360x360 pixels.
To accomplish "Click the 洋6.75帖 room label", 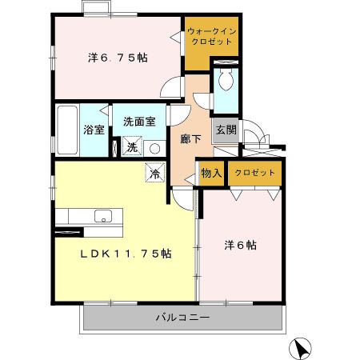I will [x=117, y=58].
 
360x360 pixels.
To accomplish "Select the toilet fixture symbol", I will [x=226, y=82].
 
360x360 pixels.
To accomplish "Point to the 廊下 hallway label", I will [x=190, y=138].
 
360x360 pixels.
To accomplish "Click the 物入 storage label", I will [x=211, y=173].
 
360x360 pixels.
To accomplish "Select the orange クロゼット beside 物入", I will [x=255, y=173].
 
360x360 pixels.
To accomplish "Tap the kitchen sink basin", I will [x=102, y=216].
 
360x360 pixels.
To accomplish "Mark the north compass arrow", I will [x=301, y=348].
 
